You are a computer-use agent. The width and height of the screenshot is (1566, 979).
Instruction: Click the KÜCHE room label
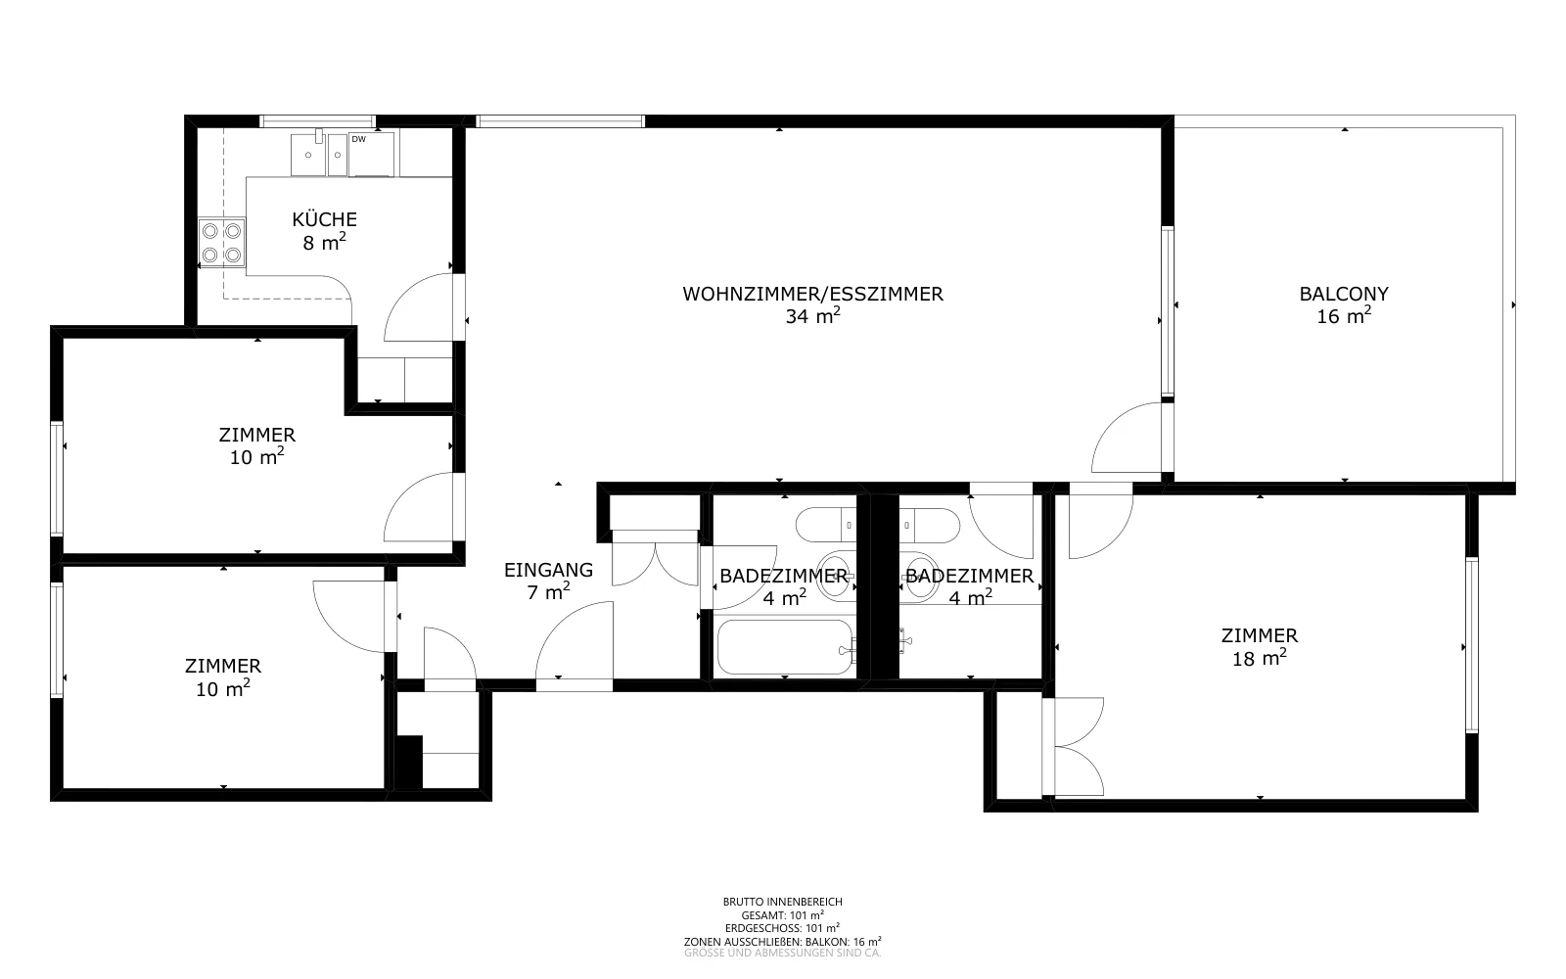[324, 219]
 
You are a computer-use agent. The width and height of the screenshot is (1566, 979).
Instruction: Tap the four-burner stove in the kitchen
[222, 242]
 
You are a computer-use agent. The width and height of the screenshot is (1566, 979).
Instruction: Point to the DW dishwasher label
[358, 139]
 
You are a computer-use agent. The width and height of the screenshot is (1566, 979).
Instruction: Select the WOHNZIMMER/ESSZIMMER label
[813, 294]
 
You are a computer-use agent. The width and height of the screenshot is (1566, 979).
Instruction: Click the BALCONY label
[1344, 294]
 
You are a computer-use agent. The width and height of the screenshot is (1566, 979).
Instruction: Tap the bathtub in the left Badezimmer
[784, 647]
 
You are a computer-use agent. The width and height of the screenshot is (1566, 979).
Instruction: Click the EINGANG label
[549, 570]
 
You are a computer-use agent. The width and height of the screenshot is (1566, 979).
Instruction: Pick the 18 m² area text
[1259, 657]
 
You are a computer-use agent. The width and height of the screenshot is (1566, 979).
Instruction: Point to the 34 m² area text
[812, 315]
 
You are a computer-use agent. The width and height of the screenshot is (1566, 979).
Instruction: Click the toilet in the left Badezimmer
[826, 525]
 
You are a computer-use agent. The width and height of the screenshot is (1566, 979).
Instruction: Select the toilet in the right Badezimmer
[930, 525]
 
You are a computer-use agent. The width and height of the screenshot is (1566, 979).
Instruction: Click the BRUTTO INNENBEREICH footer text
[782, 902]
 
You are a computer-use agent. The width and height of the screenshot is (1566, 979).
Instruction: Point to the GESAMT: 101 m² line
[782, 914]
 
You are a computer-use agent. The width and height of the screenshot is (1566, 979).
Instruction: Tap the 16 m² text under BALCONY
[1344, 315]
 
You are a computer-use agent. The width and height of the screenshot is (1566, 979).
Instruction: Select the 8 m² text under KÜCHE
[324, 242]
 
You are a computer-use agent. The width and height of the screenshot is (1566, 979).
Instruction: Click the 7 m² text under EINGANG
[549, 591]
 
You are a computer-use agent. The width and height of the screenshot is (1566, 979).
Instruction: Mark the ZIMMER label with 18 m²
[1259, 635]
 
